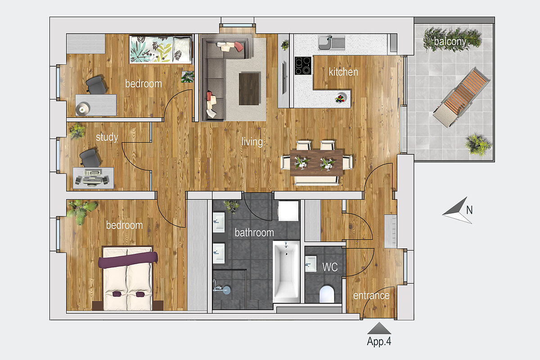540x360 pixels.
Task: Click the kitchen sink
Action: pos(332,42)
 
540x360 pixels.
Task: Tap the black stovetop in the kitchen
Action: pos(303,65)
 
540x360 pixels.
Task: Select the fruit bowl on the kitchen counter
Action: pos(340,99)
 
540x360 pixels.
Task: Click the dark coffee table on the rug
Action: pos(249,89)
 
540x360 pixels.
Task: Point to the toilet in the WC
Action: pos(327,294)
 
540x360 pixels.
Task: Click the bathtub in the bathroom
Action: pos(286,272)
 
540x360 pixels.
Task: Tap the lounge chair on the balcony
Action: pos(460,98)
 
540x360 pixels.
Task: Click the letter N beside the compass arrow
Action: pos(469,210)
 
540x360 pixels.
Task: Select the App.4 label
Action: pos(379,342)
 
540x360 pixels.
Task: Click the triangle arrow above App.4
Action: pos(379,328)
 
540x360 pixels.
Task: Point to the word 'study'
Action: pos(107,137)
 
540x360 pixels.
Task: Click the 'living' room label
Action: pos(252,142)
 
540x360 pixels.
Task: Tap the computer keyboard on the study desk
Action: pos(92,173)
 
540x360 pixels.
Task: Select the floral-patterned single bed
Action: pos(161,49)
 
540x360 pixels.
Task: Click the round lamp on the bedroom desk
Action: pos(82,109)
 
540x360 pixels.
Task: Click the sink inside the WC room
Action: pos(311,264)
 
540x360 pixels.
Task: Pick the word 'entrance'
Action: pos(371,296)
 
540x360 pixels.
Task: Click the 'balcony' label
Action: pos(450,42)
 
